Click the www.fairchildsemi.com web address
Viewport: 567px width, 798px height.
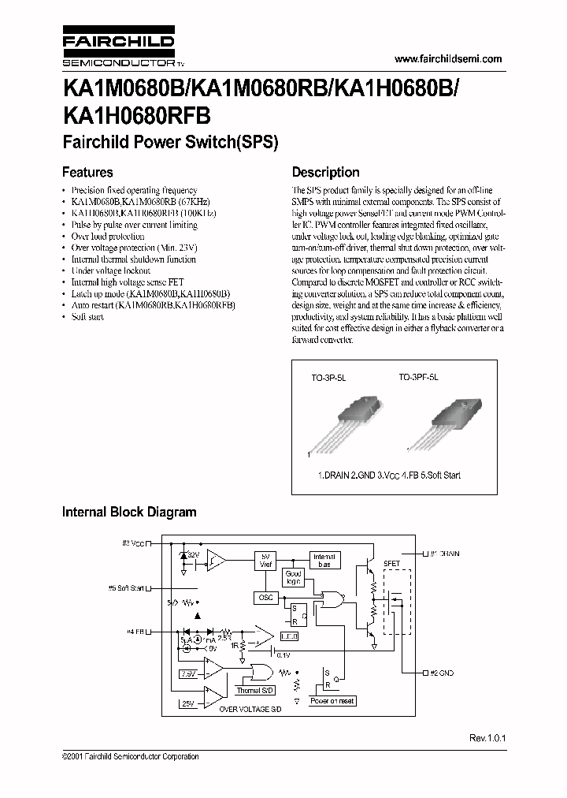pyautogui.click(x=447, y=59)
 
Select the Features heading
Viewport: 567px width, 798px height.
pyautogui.click(x=87, y=172)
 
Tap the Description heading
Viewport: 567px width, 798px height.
pyautogui.click(x=325, y=172)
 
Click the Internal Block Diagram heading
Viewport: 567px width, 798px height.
pyautogui.click(x=129, y=512)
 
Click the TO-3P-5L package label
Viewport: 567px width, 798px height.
pyautogui.click(x=328, y=378)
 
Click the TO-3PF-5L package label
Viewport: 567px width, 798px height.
pyautogui.click(x=418, y=378)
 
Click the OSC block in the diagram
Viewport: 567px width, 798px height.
pyautogui.click(x=265, y=598)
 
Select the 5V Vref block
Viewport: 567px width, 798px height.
pyautogui.click(x=265, y=561)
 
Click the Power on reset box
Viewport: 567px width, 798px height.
pyautogui.click(x=332, y=700)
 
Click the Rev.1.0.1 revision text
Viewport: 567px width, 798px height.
pyautogui.click(x=486, y=738)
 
